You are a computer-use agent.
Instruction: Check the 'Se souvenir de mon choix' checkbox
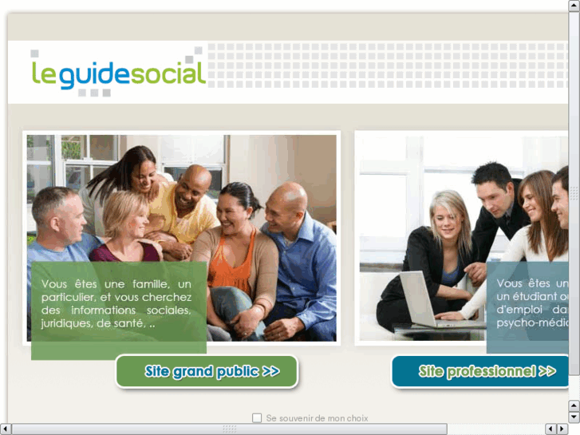[257, 417]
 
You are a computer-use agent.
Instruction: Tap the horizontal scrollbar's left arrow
[6, 429]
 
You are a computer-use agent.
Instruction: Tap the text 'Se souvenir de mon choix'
[317, 417]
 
